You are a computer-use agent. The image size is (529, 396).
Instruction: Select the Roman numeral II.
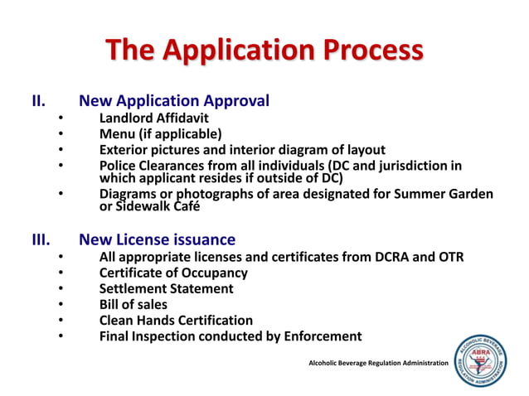pyautogui.click(x=38, y=102)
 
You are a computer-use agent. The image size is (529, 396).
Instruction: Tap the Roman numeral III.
pyautogui.click(x=41, y=240)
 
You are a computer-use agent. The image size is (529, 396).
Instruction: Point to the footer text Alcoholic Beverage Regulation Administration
pyautogui.click(x=378, y=364)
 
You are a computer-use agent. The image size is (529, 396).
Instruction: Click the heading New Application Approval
pyautogui.click(x=173, y=102)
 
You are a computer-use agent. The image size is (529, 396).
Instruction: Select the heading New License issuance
pyautogui.click(x=157, y=240)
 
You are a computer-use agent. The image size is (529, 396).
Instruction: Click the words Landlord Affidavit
pyautogui.click(x=153, y=118)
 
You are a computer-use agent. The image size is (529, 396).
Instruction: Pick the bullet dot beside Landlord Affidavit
pyautogui.click(x=61, y=118)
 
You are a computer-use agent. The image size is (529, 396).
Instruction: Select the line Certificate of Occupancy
pyautogui.click(x=173, y=273)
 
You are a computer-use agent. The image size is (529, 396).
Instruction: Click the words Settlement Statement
pyautogui.click(x=166, y=288)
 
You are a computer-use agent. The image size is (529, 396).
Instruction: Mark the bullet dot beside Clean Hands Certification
pyautogui.click(x=61, y=320)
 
